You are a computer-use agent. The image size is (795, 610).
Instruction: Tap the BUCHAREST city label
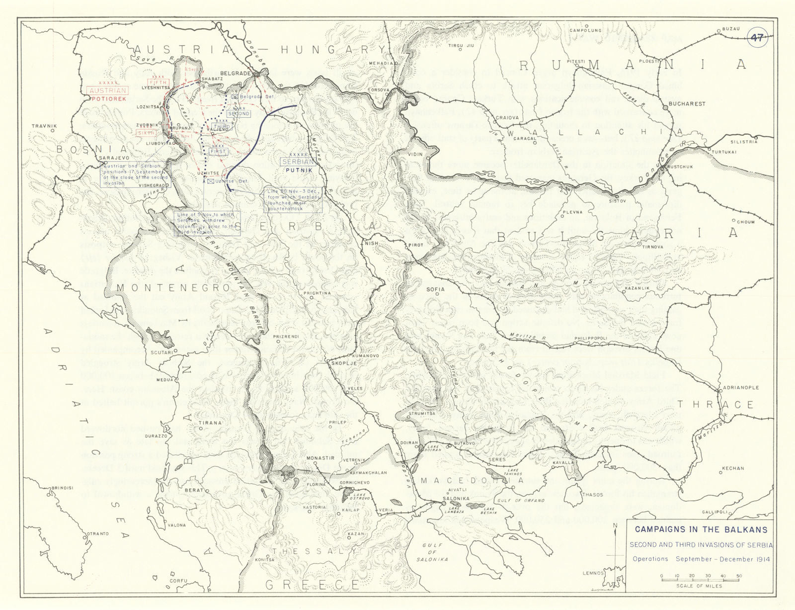pyautogui.click(x=687, y=104)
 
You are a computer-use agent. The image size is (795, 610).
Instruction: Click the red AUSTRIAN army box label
pyautogui.click(x=108, y=90)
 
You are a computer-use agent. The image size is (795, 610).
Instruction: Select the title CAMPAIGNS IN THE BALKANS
pyautogui.click(x=701, y=530)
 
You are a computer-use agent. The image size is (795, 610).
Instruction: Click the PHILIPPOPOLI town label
pyautogui.click(x=591, y=338)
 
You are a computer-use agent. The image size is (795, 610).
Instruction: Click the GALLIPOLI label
pyautogui.click(x=715, y=512)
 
